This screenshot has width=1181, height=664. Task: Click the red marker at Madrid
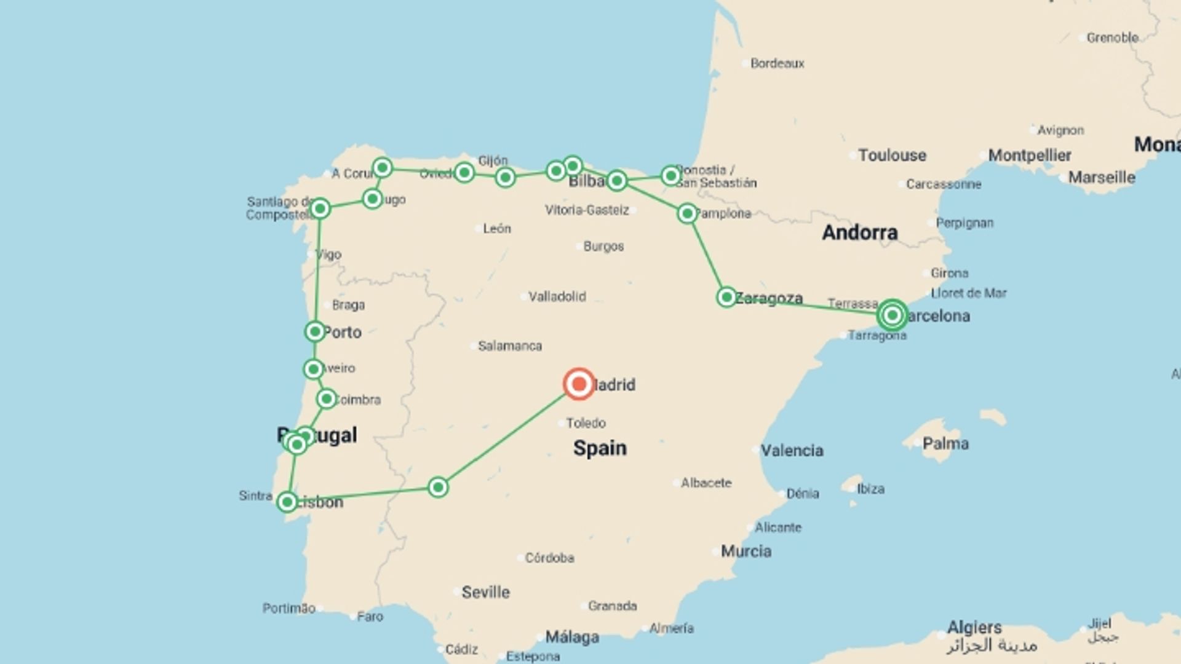[x=578, y=384]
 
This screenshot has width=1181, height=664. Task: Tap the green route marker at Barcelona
[x=892, y=315]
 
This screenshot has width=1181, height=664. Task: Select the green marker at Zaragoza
[x=726, y=298]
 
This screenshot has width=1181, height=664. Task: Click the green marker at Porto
[x=315, y=332]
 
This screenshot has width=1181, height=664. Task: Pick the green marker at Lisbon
[x=287, y=502]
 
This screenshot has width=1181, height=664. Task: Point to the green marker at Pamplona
[x=687, y=213]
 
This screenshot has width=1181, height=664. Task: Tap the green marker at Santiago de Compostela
[x=320, y=209]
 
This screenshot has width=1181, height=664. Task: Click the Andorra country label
[x=859, y=232]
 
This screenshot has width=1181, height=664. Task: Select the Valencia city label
[x=792, y=451]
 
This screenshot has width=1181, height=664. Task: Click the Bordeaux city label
[x=777, y=63]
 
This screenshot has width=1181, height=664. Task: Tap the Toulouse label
[x=892, y=155]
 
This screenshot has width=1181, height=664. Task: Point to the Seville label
[x=485, y=592]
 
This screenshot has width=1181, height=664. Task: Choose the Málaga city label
[x=572, y=637]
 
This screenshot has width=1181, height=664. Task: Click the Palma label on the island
[x=945, y=443]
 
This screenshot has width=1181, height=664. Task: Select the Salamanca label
[x=510, y=346]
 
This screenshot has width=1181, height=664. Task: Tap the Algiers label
[x=974, y=627]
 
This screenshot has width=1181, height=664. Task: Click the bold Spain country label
[x=600, y=448]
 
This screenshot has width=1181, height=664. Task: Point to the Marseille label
[x=1101, y=178]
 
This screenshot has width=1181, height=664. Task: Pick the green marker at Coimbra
[x=327, y=399]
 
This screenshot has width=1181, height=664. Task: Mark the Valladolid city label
[x=557, y=296]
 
